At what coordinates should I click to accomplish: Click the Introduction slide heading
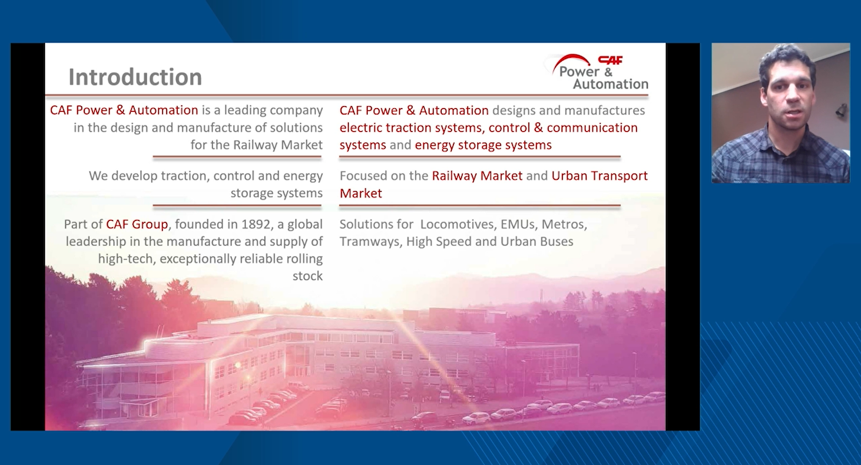135,77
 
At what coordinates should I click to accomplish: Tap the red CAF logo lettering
611,60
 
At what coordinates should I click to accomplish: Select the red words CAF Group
137,224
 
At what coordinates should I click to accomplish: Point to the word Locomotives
457,224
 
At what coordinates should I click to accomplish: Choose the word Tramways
370,241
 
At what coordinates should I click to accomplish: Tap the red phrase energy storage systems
483,145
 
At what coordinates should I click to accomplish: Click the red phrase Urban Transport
599,176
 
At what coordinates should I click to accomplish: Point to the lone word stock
307,276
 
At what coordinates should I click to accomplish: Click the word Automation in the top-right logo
611,84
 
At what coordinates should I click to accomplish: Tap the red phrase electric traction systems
411,128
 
